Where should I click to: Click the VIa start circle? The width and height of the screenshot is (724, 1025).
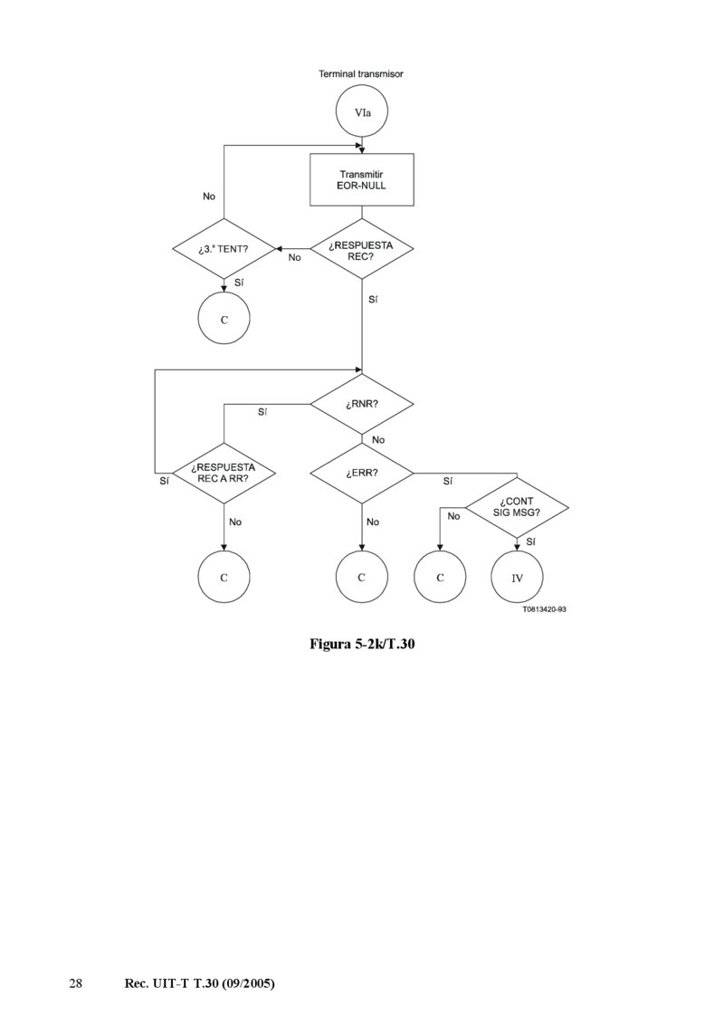pos(361,114)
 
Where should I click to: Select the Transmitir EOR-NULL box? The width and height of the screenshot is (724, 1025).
pos(361,179)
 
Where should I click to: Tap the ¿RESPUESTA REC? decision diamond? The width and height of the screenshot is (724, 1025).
pos(361,249)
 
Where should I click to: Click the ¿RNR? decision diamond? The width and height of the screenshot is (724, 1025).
pos(361,404)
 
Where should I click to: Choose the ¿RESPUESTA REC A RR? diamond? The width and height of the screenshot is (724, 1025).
pos(224,473)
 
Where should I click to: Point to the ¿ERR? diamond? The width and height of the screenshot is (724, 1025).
pos(361,473)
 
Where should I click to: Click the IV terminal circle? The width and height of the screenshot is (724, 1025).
pos(518,577)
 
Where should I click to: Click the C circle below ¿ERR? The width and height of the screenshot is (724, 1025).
pos(361,577)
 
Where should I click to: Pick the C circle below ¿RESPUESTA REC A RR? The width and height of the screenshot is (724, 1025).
pos(224,577)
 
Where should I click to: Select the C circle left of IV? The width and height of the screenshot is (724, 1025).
pos(440,577)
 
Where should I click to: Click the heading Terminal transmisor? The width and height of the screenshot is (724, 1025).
pos(361,73)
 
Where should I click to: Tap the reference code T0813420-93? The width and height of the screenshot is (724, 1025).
pos(544,609)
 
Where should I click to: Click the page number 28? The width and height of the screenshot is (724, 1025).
pos(76,982)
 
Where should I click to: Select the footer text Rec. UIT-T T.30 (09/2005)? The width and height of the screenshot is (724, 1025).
pos(198,982)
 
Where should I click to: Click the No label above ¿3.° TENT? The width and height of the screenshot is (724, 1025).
pos(209,196)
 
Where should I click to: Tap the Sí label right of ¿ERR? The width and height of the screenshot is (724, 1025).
pos(448,482)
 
